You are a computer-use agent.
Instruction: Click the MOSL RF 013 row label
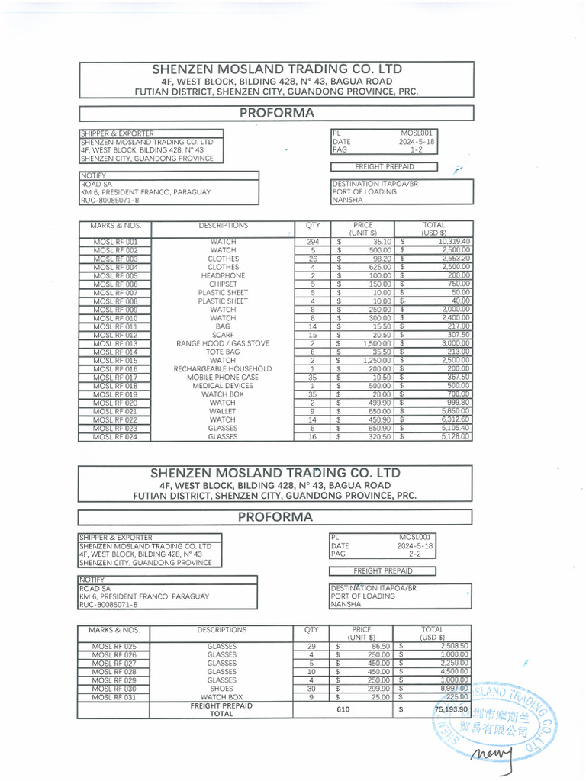click(x=116, y=344)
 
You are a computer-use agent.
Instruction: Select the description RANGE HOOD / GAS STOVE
click(x=223, y=344)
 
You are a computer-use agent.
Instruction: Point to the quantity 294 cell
click(x=312, y=242)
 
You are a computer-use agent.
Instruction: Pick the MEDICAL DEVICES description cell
click(x=223, y=386)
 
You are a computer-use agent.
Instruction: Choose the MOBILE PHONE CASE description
click(x=223, y=378)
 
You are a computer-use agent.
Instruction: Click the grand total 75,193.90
click(x=450, y=710)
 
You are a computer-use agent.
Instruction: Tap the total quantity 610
click(x=343, y=710)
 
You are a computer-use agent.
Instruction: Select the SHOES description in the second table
click(x=221, y=689)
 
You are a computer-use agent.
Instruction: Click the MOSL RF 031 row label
click(x=114, y=697)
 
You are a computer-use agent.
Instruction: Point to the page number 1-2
click(x=416, y=150)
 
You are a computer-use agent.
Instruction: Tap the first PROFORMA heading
click(x=277, y=113)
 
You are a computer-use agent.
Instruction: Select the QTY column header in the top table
click(x=313, y=226)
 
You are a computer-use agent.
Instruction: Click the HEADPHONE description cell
click(x=223, y=275)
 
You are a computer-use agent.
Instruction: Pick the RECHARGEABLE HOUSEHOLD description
click(x=223, y=369)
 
